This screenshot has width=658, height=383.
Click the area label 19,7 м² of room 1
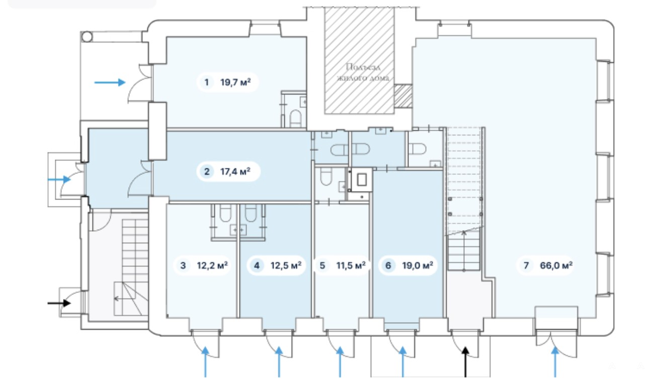tap(235, 82)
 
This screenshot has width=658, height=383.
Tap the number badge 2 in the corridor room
tap(207, 171)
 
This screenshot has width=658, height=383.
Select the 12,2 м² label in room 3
tap(212, 265)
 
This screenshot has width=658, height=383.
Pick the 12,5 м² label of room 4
tap(286, 265)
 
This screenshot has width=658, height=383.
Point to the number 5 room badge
tap(322, 265)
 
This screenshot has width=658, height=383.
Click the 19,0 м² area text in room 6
tap(418, 265)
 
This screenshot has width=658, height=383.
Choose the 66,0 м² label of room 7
tap(556, 265)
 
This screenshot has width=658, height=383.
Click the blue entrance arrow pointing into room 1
tap(110, 82)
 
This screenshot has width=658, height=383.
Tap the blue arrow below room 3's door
tap(205, 362)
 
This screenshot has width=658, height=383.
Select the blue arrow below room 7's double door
tap(555, 362)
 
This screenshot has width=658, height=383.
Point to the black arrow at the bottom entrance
tap(465, 362)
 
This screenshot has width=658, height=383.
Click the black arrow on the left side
tap(59, 303)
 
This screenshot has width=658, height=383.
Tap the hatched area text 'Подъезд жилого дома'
tap(363, 72)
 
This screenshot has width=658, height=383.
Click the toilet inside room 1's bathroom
tap(295, 118)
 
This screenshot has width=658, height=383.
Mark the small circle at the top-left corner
tap(87, 37)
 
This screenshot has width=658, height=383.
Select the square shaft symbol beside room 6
tap(362, 179)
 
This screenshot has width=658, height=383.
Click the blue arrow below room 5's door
tap(340, 362)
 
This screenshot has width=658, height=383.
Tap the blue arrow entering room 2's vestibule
tap(59, 179)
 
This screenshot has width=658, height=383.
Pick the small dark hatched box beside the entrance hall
tap(403, 96)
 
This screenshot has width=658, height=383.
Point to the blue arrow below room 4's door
tap(279, 362)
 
